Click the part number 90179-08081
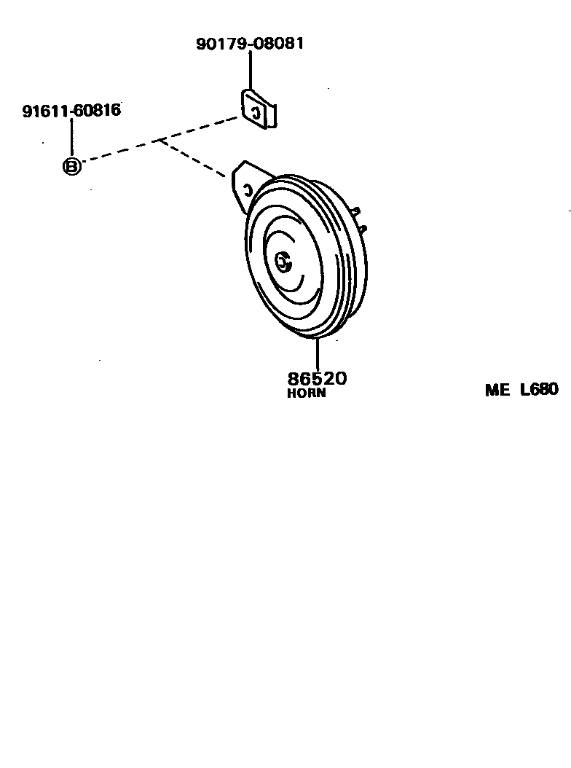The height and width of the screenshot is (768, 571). [x=250, y=44]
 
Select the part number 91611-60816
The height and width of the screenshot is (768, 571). [x=71, y=111]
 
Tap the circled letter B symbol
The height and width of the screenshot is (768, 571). [x=71, y=166]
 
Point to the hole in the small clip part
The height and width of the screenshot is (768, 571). [x=255, y=111]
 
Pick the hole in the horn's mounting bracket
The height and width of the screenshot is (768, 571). [x=247, y=191]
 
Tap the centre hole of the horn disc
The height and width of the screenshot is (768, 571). [x=284, y=261]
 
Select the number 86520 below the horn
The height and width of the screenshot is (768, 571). [x=317, y=379]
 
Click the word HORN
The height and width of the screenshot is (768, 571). [x=307, y=393]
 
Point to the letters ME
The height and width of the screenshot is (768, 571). [x=498, y=390]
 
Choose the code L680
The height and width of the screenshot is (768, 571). [x=539, y=390]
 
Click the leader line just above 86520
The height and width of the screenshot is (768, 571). [x=317, y=355]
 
